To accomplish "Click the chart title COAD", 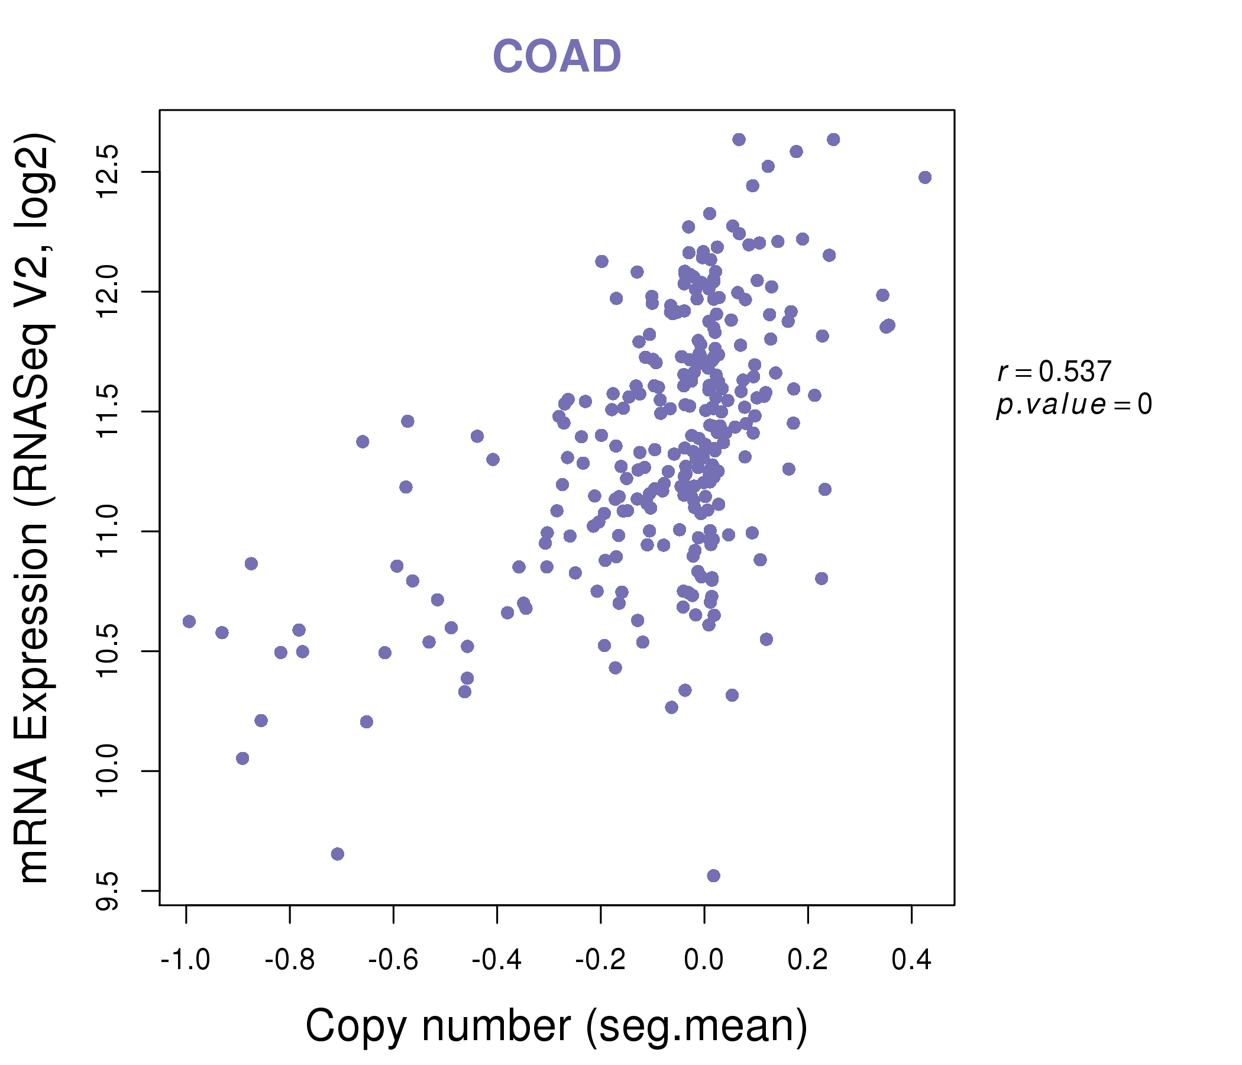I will (557, 57).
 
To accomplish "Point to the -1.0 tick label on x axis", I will (185, 960).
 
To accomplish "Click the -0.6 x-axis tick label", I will (393, 960).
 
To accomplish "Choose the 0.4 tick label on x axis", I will (911, 960).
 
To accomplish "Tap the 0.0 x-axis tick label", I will (704, 960).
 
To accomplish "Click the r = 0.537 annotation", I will (1054, 372).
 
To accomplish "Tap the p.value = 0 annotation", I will (1073, 405).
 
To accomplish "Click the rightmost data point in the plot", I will (925, 177).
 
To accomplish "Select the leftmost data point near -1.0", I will (189, 621).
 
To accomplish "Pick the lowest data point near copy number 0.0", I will (713, 876).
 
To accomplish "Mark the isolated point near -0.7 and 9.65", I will (338, 854).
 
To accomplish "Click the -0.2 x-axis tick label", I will (600, 960).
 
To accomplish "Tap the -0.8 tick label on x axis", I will (290, 960).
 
